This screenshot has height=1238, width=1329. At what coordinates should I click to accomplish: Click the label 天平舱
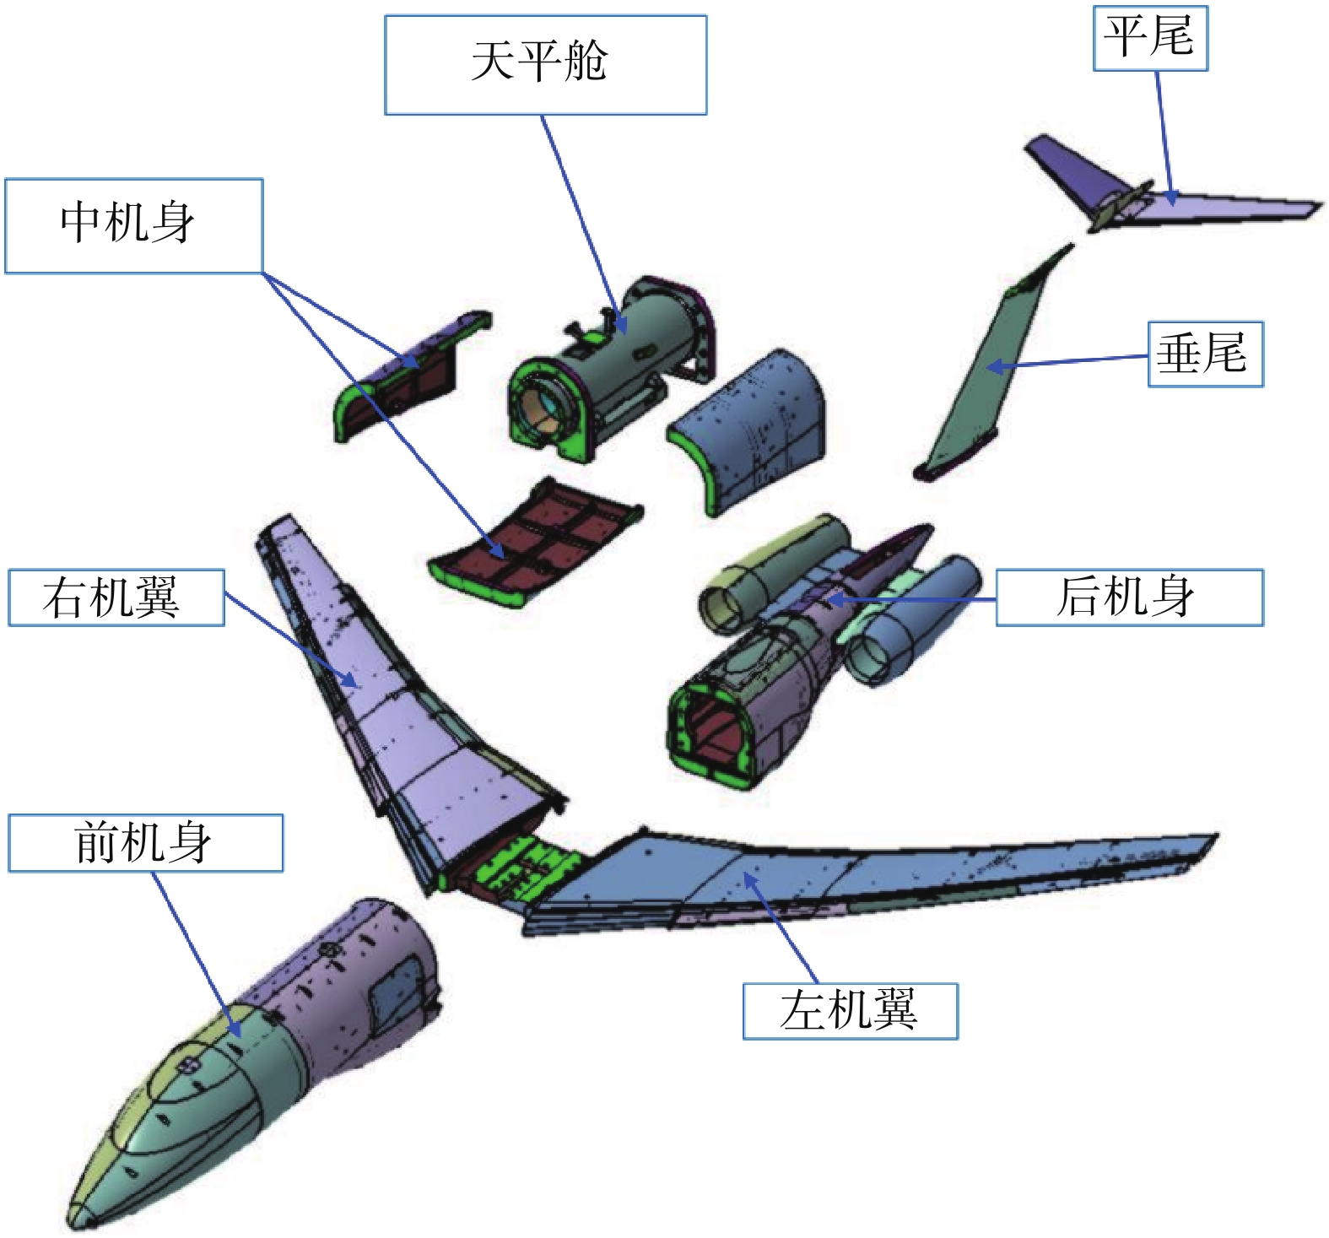point(545,64)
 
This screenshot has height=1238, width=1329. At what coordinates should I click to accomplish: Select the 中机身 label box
point(133,225)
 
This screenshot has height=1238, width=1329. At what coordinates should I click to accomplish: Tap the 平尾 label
point(1150,38)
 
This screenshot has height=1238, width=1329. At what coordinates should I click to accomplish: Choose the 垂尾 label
point(1204,354)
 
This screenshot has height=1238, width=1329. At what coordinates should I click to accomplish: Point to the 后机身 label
point(1129,597)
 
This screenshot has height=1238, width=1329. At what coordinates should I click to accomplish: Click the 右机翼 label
point(116,597)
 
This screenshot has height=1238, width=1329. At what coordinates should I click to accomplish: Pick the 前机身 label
point(145,843)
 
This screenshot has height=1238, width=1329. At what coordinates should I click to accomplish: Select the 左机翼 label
point(850,1011)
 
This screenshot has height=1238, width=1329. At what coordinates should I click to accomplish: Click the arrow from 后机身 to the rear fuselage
point(911,600)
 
